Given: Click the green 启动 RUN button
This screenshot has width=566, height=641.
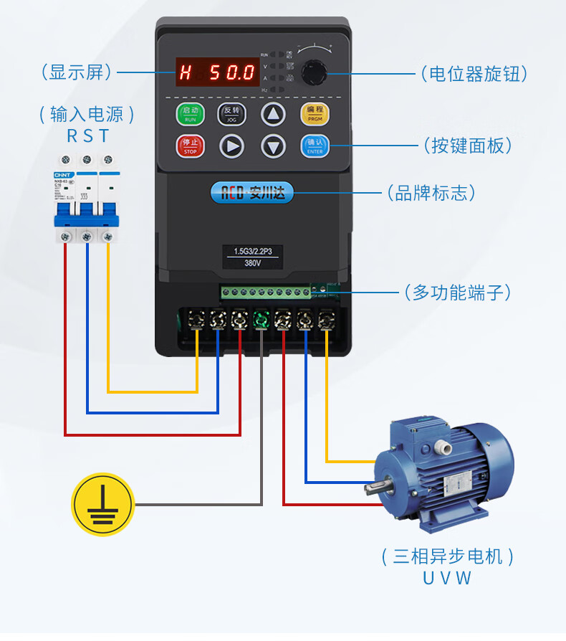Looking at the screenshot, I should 191,114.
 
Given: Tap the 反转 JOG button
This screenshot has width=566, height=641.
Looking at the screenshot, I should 231,114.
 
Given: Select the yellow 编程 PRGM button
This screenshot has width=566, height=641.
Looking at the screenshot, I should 315,113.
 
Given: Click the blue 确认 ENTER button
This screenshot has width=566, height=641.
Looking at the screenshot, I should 315,146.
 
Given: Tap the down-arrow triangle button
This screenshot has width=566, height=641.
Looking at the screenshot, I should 273,146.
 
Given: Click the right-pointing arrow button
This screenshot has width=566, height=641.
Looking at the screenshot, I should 231,146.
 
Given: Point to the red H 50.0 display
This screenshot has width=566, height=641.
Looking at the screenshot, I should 218,72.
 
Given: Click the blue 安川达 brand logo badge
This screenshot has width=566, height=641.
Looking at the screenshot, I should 252,192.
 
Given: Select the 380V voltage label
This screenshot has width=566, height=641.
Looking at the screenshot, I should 252,263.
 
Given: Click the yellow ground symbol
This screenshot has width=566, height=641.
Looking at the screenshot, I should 103,504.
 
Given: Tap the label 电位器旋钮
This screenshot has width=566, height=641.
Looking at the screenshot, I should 474,73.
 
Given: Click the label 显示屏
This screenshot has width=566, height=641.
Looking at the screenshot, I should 77,72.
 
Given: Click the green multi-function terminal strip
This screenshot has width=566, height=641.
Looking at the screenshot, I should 266,292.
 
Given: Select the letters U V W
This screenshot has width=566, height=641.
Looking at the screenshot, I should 447,578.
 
